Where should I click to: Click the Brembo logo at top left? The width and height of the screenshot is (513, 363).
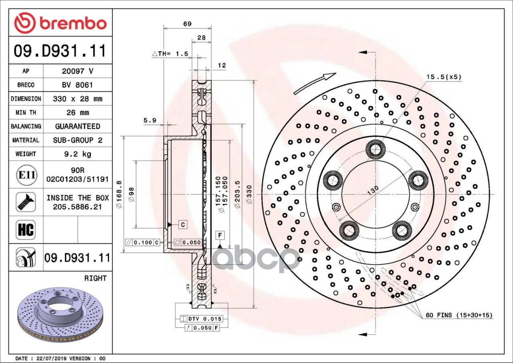pos(60,23)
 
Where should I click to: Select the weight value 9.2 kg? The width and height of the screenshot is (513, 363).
pos(77,154)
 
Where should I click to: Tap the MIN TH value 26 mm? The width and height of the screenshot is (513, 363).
pos(77,113)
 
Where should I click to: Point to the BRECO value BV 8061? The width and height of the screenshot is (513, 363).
pos(77,85)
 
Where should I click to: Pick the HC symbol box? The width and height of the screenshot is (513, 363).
pos(26,230)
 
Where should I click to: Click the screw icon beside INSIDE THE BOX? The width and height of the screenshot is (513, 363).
pos(26,202)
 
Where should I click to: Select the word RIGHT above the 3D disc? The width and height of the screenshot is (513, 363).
pos(95,278)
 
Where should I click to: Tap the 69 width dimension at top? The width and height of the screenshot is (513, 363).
pos(187,24)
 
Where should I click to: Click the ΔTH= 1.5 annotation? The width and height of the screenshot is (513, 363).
pos(170,54)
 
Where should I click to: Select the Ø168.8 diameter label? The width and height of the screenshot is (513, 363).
pos(119,194)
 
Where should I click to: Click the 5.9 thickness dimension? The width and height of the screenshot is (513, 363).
pos(149,120)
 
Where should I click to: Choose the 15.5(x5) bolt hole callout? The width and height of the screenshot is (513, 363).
pos(444,77)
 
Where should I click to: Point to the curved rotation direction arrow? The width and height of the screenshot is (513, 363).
pos(315,83)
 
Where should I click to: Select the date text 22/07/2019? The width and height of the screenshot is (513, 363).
pos(50,359)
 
